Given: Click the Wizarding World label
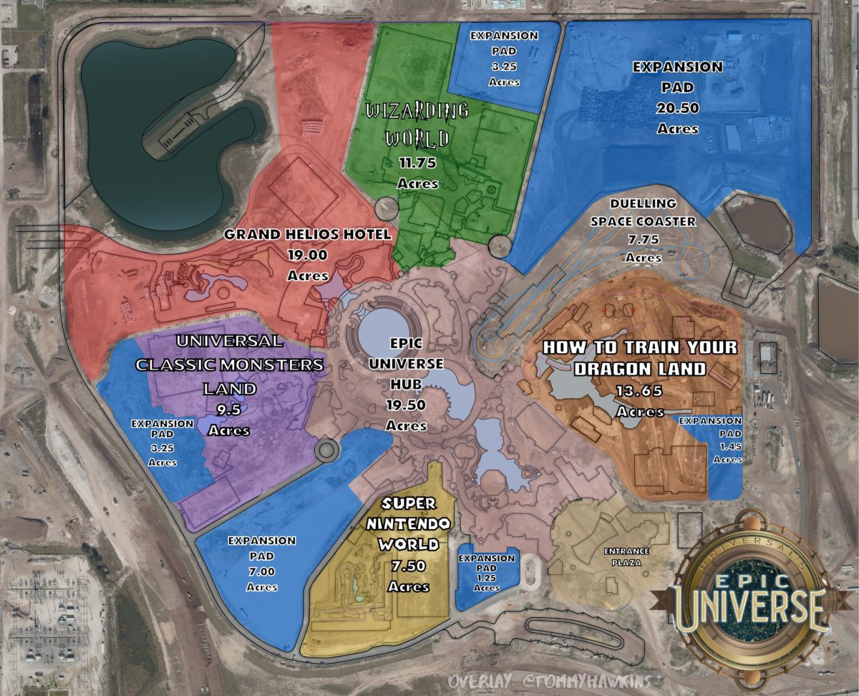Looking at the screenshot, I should [x=417, y=123].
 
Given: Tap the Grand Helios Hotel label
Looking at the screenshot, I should [x=308, y=234].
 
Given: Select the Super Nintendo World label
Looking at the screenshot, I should [x=409, y=524].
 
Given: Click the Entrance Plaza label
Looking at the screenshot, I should [x=626, y=556].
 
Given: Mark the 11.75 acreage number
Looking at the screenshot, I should [x=417, y=163].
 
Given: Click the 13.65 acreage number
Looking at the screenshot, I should [x=639, y=392].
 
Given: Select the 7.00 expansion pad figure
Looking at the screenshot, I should [x=262, y=571].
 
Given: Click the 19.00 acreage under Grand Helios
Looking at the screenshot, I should [x=308, y=254].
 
